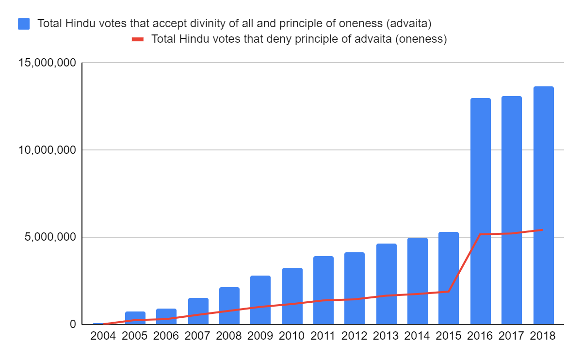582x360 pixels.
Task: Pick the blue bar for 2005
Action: pos(135,318)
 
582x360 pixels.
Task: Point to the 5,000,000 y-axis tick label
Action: pos(47,237)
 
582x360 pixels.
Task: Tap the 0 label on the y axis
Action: pos(73,324)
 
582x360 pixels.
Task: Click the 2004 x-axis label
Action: pos(103,336)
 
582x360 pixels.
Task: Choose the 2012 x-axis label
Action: pos(355,336)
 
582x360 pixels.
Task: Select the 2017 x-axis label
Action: pos(512,336)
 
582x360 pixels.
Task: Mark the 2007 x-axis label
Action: pos(197,336)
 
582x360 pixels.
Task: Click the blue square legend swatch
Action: pos(24,23)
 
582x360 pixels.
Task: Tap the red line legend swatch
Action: pos(138,39)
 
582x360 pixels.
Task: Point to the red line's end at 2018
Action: pos(543,229)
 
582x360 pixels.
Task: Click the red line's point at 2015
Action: pos(449,292)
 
